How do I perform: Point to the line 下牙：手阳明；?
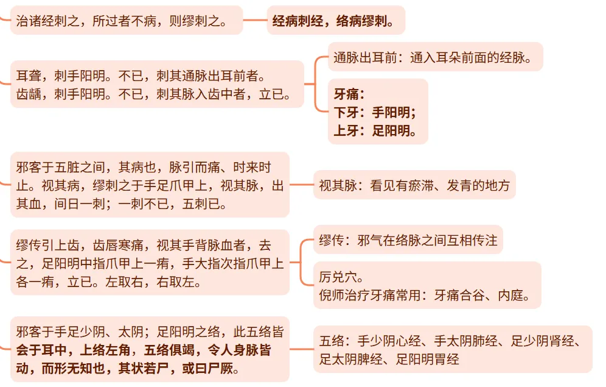click(x=375, y=112)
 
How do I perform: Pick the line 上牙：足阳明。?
click(x=375, y=130)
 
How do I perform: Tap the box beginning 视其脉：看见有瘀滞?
click(x=414, y=185)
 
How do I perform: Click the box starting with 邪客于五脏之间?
click(x=150, y=185)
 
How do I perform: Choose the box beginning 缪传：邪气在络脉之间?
click(x=408, y=241)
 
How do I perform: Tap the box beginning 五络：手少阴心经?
click(x=453, y=349)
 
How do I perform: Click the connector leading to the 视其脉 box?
click(x=301, y=185)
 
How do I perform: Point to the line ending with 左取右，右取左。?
click(x=110, y=283)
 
